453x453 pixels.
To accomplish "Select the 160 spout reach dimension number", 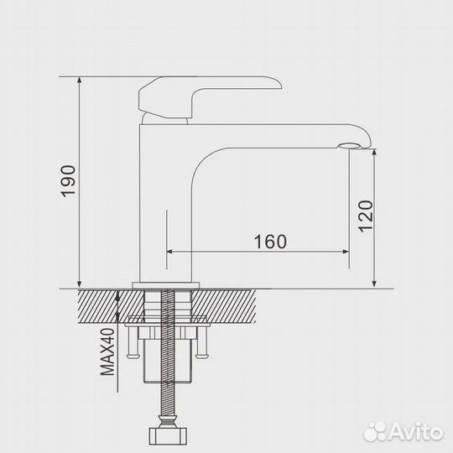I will click(x=269, y=242).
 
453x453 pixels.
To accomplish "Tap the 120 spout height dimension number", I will click(x=363, y=217).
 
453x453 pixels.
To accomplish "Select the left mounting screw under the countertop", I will click(x=133, y=345).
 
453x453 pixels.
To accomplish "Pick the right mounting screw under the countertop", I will click(x=201, y=345).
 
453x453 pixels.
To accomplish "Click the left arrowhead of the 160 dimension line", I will click(x=170, y=251).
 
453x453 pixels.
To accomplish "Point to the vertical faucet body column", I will click(x=164, y=201).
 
